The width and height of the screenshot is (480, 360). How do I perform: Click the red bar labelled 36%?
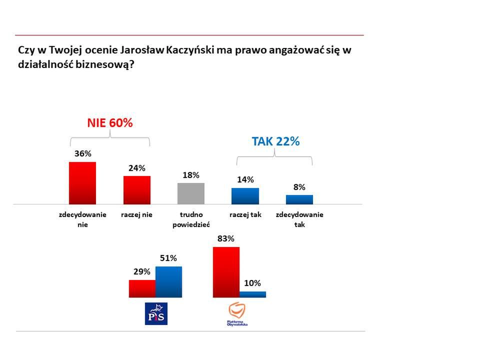click(82, 183)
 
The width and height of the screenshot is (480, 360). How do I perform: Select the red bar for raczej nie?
click(136, 190)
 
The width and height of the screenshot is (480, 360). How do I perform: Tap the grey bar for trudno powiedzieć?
click(191, 193)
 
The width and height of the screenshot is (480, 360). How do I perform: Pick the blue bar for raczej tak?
click(245, 196)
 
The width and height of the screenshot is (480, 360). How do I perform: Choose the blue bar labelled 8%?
click(299, 199)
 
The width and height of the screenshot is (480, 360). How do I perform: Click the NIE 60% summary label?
click(110, 123)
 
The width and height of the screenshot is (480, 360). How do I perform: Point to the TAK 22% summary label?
click(275, 141)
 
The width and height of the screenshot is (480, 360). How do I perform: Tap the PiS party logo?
click(156, 313)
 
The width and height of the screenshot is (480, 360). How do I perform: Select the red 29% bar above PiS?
click(142, 288)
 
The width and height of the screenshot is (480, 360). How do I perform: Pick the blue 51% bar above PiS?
click(168, 282)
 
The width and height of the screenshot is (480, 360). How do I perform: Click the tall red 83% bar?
click(226, 272)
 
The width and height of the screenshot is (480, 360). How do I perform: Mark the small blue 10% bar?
click(252, 294)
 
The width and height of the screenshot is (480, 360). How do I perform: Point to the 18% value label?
click(191, 175)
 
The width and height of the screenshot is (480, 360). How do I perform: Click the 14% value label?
click(245, 180)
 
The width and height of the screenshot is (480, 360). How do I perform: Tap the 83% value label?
click(226, 239)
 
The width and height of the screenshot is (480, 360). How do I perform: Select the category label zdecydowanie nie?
click(82, 220)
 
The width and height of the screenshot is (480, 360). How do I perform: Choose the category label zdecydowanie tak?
click(299, 220)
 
